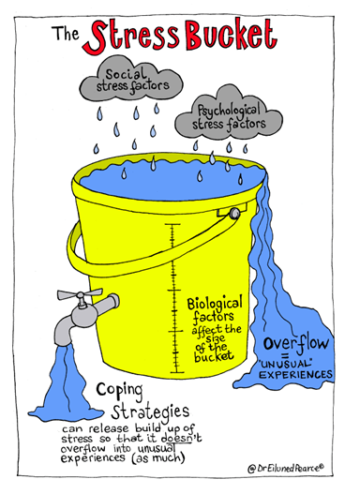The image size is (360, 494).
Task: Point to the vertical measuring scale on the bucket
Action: click(172, 300)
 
